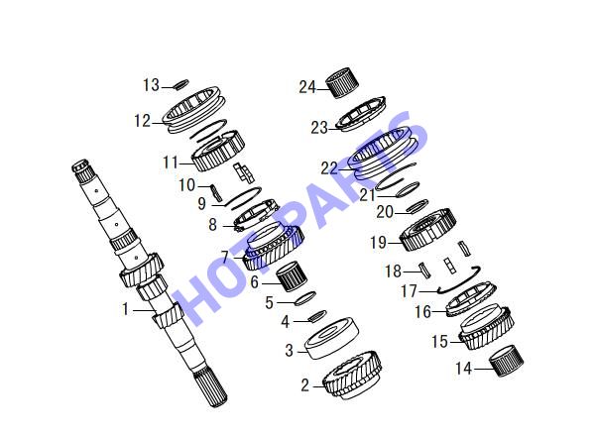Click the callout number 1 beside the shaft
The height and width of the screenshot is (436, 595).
[126, 309]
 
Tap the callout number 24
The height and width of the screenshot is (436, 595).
[307, 87]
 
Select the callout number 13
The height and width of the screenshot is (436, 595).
[151, 85]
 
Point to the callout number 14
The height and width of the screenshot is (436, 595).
[463, 369]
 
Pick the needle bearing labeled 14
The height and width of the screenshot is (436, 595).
[506, 361]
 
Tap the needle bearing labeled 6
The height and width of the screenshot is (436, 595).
[292, 276]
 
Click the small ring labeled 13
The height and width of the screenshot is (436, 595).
[181, 84]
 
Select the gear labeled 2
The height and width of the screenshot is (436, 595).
[352, 375]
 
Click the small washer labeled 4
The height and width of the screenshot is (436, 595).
[318, 315]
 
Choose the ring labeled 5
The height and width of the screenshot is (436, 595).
[305, 298]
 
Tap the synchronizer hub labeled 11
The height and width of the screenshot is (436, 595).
[218, 151]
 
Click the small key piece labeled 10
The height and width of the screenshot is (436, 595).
[216, 191]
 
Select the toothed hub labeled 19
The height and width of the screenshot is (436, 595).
[427, 229]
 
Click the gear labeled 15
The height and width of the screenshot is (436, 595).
[487, 327]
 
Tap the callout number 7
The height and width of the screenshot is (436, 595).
[225, 257]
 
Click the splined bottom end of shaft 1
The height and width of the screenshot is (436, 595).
[210, 388]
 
